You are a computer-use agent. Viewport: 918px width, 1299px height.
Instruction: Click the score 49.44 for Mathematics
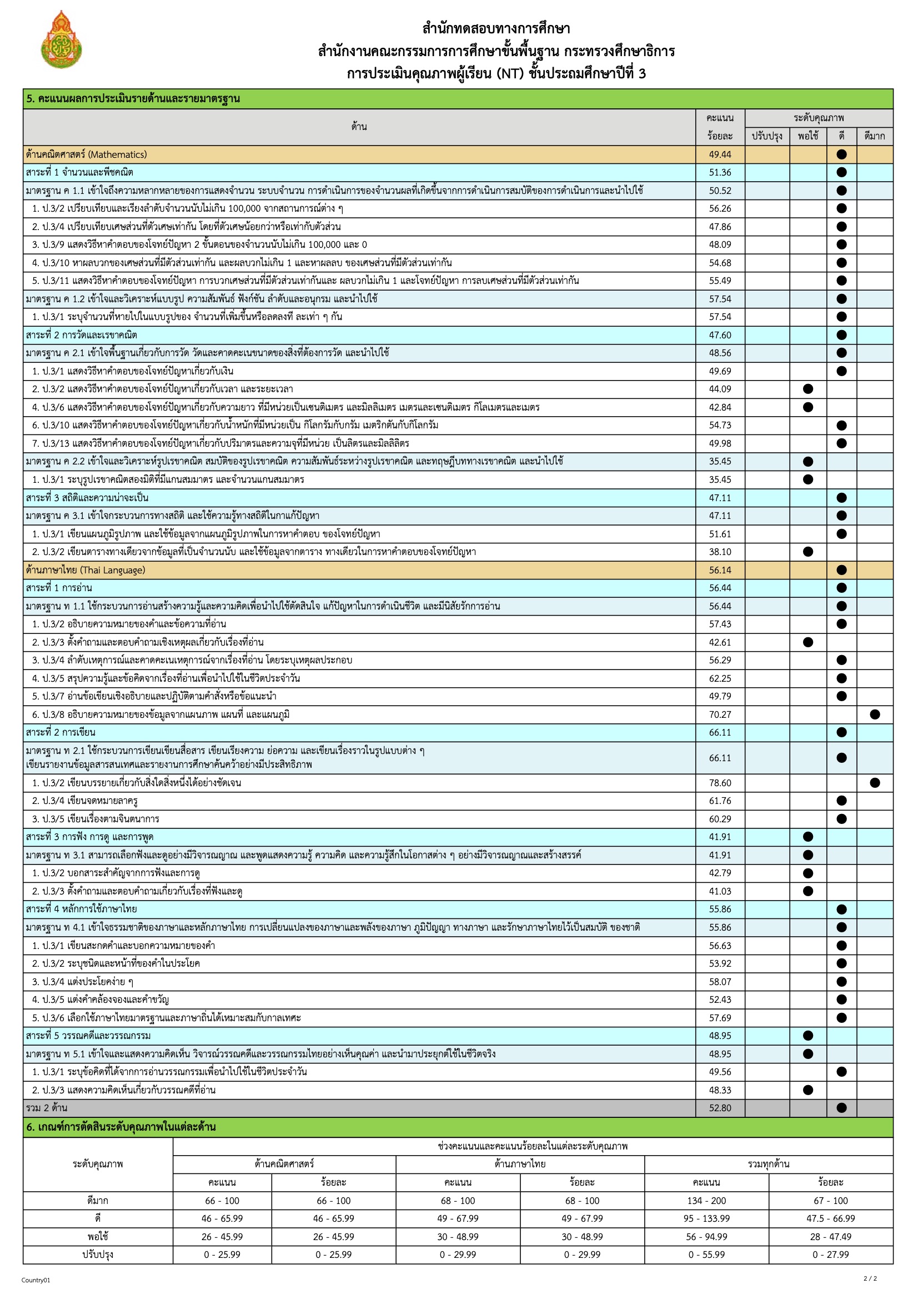pos(720,154)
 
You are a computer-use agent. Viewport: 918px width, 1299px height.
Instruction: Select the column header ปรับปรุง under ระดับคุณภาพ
pos(766,136)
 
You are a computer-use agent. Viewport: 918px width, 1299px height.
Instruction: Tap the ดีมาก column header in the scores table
pos(875,136)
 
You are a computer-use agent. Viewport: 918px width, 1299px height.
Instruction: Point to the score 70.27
pos(720,715)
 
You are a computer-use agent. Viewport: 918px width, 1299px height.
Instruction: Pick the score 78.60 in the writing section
pos(720,783)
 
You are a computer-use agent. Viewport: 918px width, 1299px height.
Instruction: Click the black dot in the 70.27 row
pos(875,715)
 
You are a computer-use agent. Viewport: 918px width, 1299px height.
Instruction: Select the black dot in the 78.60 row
pos(875,783)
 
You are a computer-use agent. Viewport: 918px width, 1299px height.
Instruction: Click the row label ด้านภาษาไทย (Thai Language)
pos(86,569)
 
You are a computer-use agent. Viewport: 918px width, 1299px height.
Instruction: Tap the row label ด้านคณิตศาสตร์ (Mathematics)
pos(86,154)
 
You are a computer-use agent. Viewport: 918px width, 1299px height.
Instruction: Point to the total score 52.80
pos(720,1108)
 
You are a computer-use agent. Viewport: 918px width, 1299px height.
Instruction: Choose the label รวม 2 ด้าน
pos(47,1108)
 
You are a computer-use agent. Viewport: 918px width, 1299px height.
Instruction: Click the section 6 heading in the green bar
pos(121,1126)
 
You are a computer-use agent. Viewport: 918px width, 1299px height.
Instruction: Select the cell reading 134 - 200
pos(706,1201)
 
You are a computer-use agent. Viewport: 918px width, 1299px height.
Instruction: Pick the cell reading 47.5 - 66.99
pos(830,1218)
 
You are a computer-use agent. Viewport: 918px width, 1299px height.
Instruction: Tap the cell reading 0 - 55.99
pos(706,1255)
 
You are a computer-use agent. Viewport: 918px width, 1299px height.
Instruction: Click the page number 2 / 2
pos(870,1278)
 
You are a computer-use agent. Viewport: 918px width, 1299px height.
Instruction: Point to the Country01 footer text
pos(36,1280)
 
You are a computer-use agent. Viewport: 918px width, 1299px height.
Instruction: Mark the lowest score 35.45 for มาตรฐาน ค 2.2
pos(720,461)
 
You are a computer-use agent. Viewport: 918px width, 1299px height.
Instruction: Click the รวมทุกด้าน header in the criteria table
pos(768,1164)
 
